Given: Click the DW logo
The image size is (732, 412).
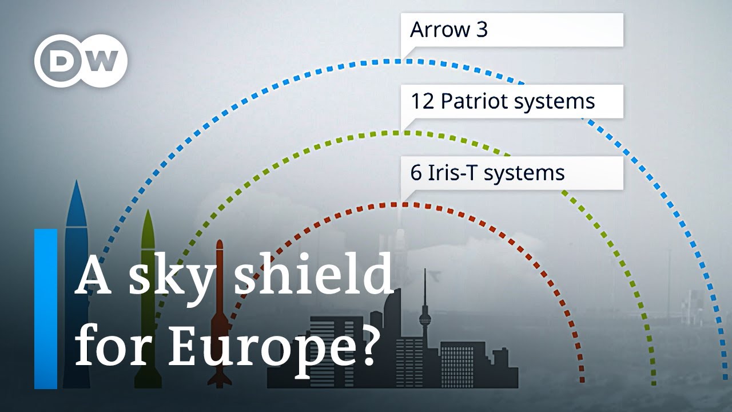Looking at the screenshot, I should point(81,61).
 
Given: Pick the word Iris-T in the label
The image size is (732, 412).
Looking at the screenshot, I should point(452,173).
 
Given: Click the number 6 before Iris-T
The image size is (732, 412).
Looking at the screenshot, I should point(416,173).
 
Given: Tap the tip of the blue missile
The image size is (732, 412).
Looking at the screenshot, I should point(77,183).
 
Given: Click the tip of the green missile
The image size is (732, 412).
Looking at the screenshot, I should point(148,212).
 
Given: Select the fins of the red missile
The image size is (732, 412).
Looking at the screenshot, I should point(220,378).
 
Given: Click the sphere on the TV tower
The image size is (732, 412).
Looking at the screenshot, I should point(424,319).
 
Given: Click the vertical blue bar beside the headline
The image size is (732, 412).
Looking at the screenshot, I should point(46,309).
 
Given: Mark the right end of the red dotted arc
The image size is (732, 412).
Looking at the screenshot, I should point(582,380).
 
